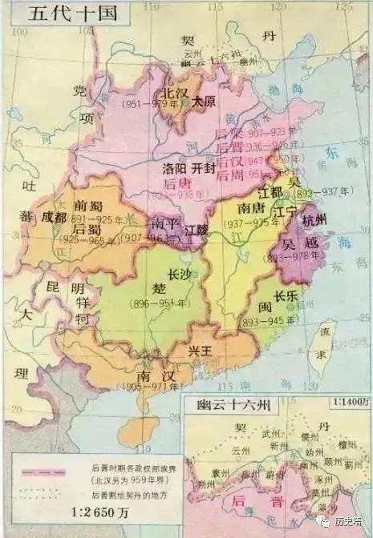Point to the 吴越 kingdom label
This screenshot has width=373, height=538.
300,243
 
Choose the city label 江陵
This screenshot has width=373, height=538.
196,230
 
